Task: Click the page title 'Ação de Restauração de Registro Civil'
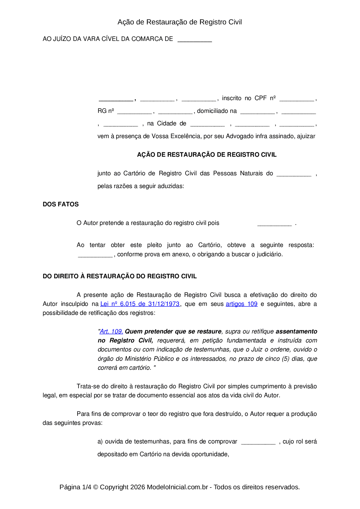click(180, 22)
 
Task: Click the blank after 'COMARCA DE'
click(195, 40)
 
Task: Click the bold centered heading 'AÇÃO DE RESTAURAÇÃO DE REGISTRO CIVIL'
click(207, 155)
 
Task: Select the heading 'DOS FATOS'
click(61, 204)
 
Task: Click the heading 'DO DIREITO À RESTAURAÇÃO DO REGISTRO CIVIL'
click(120, 276)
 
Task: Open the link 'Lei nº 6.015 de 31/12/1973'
click(140, 304)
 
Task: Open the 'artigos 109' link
click(242, 304)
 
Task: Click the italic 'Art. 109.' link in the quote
click(111, 331)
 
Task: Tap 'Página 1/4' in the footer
click(75, 487)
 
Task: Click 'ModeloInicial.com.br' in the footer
click(177, 487)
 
